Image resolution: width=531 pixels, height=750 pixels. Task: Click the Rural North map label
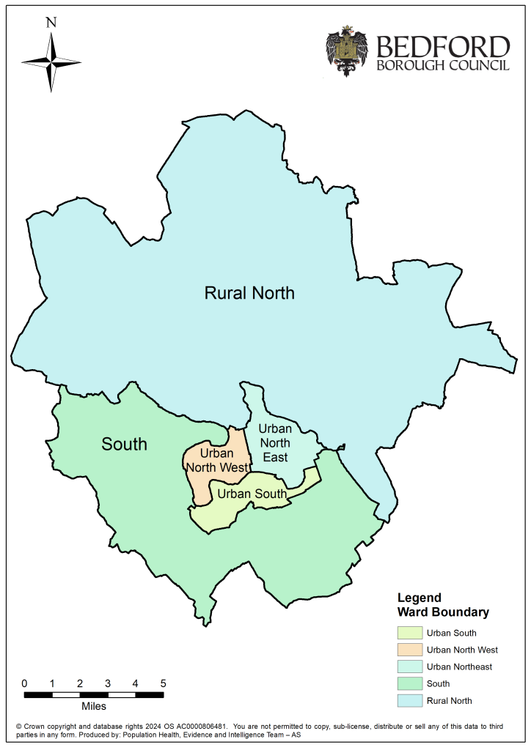pyautogui.click(x=249, y=294)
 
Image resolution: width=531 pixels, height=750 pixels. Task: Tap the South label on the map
pyautogui.click(x=124, y=444)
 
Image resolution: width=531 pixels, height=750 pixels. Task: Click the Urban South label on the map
pyautogui.click(x=252, y=494)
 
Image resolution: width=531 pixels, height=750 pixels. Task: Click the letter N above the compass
pyautogui.click(x=51, y=22)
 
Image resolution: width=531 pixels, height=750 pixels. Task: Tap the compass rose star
pyautogui.click(x=51, y=62)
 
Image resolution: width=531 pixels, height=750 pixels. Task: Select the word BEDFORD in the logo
pyautogui.click(x=442, y=47)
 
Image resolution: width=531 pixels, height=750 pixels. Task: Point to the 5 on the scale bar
pyautogui.click(x=163, y=683)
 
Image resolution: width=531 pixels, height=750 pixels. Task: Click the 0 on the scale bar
pyautogui.click(x=25, y=683)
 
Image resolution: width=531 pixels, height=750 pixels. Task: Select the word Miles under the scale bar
pyautogui.click(x=93, y=707)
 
